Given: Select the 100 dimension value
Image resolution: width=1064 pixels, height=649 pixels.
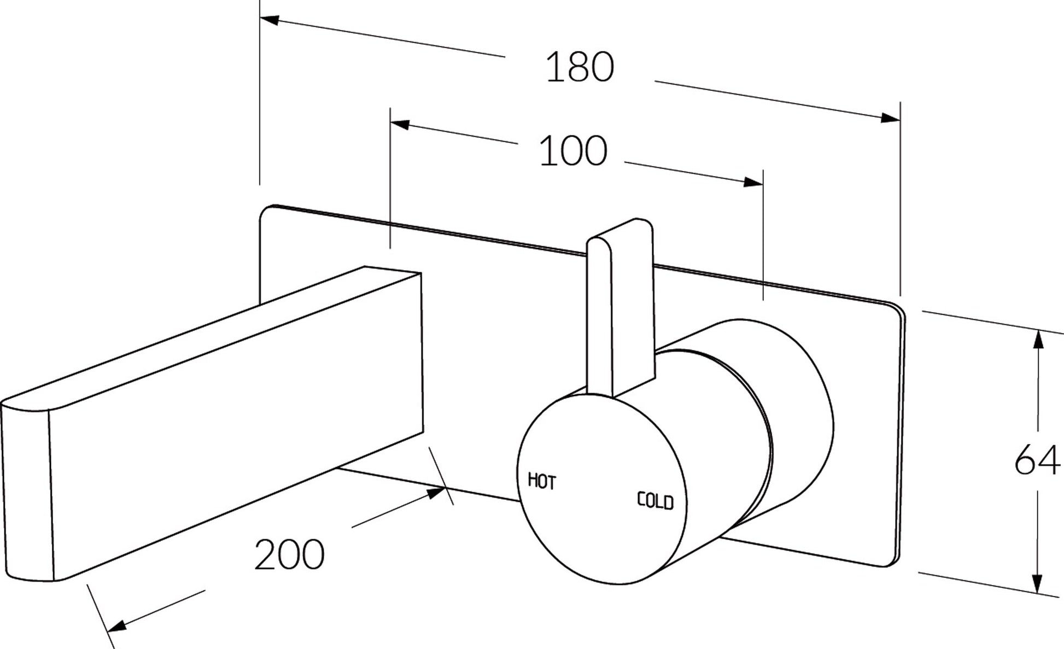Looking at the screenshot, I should (x=573, y=151).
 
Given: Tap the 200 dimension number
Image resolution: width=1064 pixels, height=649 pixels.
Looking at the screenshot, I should (x=289, y=554).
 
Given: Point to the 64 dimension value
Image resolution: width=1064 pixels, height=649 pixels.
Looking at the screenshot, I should (x=1037, y=460).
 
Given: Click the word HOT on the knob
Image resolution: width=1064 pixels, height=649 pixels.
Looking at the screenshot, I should (x=541, y=481).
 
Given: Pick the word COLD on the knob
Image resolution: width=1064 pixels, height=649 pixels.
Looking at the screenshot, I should (x=655, y=501).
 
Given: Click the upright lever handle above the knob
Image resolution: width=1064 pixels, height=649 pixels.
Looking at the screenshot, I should (x=620, y=306).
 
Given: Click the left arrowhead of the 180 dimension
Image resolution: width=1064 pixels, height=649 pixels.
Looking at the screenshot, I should (x=270, y=21).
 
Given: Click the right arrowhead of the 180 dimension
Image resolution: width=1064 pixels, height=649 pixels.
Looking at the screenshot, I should (x=890, y=118).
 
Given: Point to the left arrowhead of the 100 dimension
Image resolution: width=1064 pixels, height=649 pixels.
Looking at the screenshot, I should (x=400, y=124).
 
